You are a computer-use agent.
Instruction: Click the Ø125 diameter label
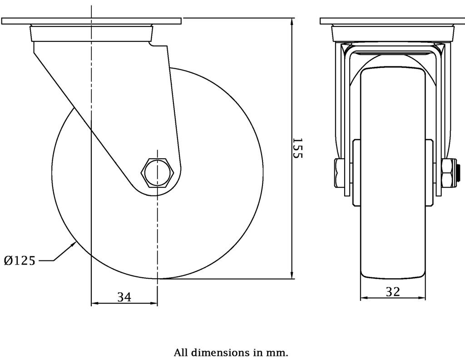tap(20, 261)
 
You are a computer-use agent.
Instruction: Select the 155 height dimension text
tap(297, 148)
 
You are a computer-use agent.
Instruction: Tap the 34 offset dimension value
tap(124, 297)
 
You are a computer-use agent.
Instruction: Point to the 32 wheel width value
tap(393, 292)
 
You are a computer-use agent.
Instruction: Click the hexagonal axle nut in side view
tap(157, 173)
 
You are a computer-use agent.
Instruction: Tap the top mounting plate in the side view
tap(91, 21)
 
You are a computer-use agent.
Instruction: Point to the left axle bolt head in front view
tap(340, 173)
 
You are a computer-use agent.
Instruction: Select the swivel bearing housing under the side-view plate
tap(91, 34)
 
